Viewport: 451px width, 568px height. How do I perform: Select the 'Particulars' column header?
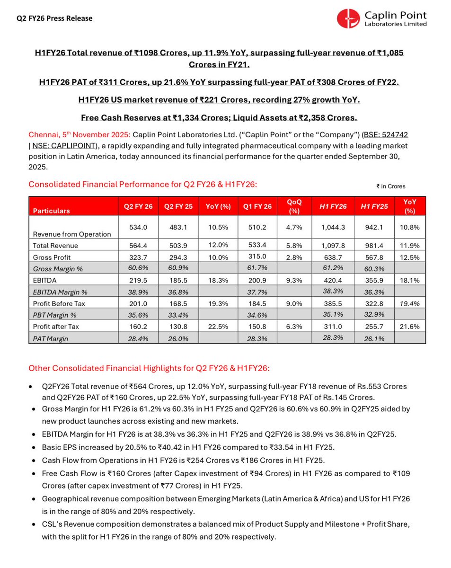(51, 211)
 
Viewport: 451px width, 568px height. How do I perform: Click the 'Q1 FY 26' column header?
(260, 206)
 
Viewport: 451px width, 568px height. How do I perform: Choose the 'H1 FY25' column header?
(371, 206)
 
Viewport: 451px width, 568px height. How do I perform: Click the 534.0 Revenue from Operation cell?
(138, 227)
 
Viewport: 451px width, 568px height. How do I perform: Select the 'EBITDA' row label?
(44, 280)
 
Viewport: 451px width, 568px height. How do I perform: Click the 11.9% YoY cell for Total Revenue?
(410, 245)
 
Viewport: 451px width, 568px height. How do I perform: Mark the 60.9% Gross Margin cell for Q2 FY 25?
(179, 268)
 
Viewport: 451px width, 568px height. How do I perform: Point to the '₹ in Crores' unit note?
(391, 186)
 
